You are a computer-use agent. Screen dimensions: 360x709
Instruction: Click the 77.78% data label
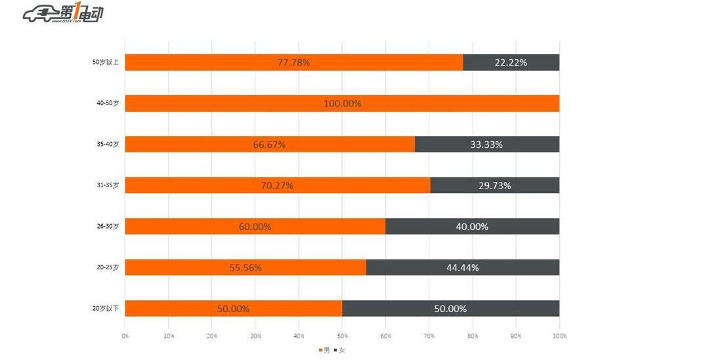(293, 62)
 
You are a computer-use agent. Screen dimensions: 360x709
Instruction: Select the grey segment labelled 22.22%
(511, 62)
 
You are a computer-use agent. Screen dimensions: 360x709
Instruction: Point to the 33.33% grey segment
(486, 145)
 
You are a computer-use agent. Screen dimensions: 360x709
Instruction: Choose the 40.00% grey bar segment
(472, 227)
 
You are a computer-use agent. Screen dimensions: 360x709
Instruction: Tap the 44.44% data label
(462, 267)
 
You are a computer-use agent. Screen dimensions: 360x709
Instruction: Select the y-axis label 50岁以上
(105, 63)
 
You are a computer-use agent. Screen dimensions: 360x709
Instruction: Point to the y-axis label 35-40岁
(107, 145)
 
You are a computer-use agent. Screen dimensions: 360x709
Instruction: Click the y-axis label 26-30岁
(107, 227)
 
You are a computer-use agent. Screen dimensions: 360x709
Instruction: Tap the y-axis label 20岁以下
(105, 309)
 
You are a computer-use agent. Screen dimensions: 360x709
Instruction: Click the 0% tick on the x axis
(125, 336)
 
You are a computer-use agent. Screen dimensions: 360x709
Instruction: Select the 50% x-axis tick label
(342, 336)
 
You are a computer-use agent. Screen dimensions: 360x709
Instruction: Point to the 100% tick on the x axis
(559, 336)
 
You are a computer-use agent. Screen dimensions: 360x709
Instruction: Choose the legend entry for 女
(339, 350)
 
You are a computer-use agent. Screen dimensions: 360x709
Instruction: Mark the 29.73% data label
(494, 185)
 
